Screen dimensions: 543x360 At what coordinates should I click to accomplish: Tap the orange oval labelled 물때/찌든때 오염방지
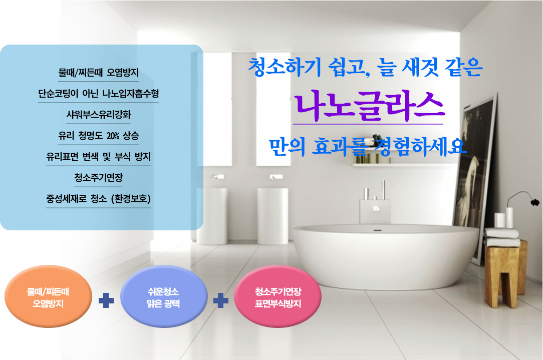(x=48, y=296)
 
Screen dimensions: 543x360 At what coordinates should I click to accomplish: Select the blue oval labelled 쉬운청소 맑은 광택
(x=163, y=296)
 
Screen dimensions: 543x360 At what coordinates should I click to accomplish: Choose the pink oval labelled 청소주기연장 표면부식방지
(x=278, y=296)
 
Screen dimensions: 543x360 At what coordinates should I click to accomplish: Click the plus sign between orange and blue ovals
(x=106, y=300)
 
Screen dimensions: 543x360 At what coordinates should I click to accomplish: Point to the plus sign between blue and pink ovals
(x=220, y=300)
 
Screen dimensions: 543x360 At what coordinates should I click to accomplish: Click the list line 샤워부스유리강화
(x=99, y=115)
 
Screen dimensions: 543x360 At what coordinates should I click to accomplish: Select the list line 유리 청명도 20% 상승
(x=98, y=136)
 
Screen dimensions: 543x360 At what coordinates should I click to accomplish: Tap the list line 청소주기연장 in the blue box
(x=98, y=178)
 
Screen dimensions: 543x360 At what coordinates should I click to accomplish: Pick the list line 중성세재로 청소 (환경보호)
(x=98, y=199)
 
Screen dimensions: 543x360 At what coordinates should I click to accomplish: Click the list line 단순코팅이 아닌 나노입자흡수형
(x=98, y=94)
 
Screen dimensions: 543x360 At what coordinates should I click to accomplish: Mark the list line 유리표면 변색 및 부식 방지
(x=98, y=157)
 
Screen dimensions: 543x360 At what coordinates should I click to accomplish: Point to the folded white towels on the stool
(x=502, y=237)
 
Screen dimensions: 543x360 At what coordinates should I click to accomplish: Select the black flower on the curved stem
(x=535, y=201)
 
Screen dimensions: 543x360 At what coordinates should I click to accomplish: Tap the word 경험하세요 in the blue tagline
(x=420, y=146)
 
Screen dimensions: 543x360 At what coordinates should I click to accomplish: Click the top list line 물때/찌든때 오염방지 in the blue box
(x=98, y=72)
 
